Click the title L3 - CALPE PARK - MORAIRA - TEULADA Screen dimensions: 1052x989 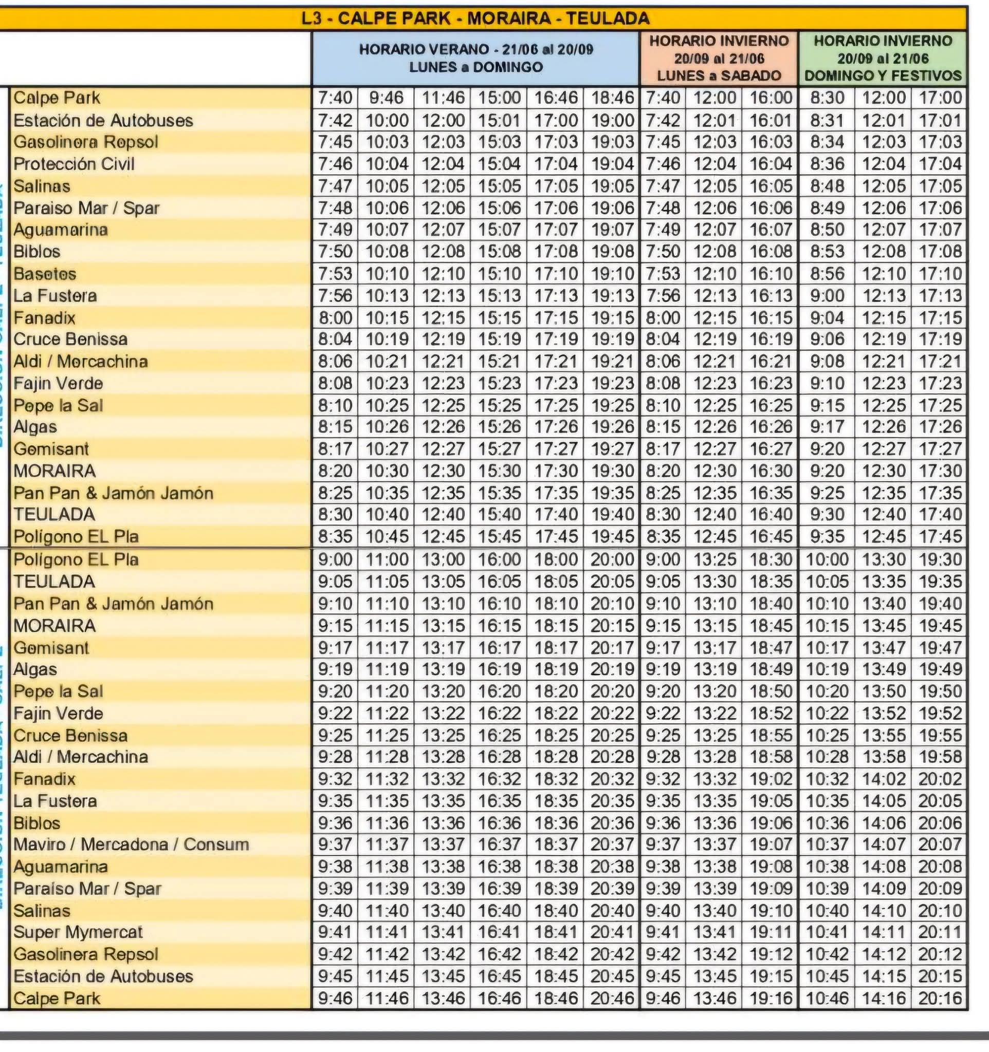475,18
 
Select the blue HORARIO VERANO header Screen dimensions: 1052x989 475,58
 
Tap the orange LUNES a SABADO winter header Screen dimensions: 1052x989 719,58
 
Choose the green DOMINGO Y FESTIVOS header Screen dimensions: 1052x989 883,58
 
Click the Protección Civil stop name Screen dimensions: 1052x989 74,164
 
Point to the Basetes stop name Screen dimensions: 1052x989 45,274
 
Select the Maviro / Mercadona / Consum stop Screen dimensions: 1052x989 131,844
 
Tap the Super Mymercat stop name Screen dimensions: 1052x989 78,932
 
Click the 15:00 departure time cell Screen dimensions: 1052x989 499,98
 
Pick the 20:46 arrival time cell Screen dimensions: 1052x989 612,999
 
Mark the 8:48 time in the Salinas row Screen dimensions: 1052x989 827,186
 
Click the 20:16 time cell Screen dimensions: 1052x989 940,999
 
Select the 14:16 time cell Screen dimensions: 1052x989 884,999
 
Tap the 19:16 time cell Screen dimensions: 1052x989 771,999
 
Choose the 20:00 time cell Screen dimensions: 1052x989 612,560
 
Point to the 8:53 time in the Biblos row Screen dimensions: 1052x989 827,251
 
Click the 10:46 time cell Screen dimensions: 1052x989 827,999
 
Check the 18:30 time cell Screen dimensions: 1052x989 771,560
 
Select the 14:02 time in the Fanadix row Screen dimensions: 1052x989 884,779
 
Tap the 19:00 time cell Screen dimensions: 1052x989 612,121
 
